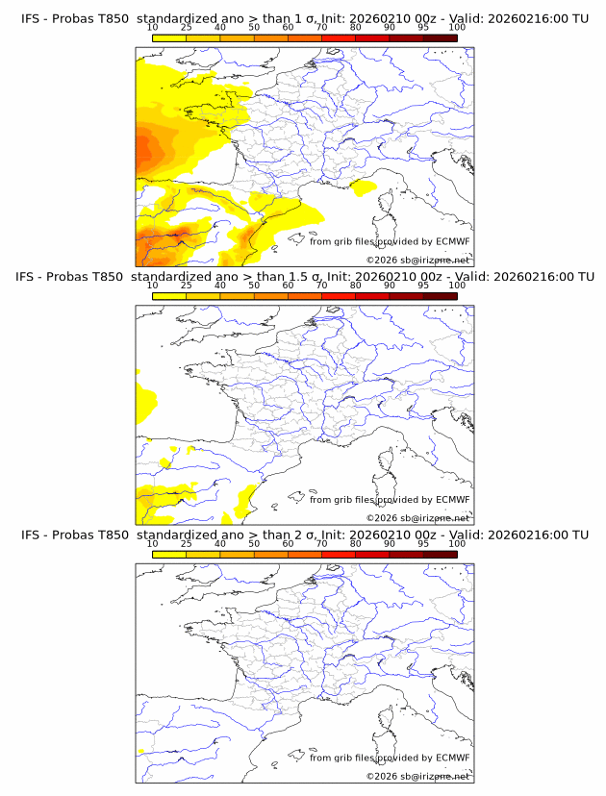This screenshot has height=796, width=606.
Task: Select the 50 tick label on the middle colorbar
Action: coord(254,286)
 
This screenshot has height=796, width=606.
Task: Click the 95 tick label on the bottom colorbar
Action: coord(423,543)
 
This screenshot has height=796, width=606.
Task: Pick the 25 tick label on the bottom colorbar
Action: coord(186,543)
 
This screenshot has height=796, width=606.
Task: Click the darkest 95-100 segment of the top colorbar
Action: coord(440,37)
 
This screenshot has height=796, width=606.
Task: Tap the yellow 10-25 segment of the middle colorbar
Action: coord(169,296)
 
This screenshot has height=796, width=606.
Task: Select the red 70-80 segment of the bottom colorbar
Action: coord(339,554)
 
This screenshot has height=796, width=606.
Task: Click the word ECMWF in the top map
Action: coord(453,242)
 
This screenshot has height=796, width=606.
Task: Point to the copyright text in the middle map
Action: coord(417,517)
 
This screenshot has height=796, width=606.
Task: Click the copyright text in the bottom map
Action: coord(417,775)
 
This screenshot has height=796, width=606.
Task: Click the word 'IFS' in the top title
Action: coord(31,18)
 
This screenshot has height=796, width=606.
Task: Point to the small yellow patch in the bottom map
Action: coord(141,750)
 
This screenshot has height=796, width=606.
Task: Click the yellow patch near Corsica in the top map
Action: coord(364,189)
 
